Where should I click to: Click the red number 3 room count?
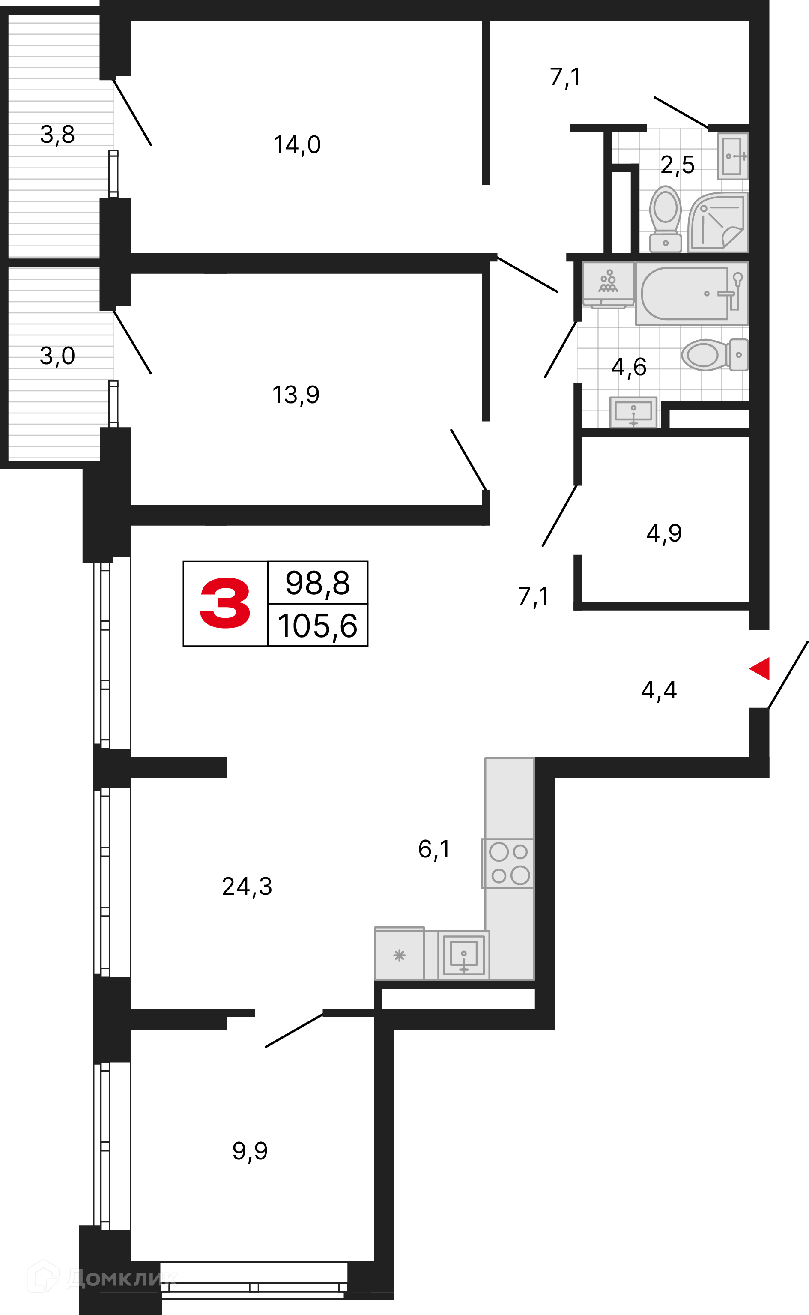[x=225, y=603]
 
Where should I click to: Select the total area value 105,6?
[x=317, y=626]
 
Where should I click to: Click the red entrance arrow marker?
[x=760, y=668]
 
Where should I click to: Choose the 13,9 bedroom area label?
[x=296, y=395]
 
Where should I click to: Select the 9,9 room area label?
[x=250, y=1151]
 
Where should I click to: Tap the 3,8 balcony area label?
[x=57, y=135]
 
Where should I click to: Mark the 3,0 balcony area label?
[x=57, y=356]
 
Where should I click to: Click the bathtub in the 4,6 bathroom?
[x=692, y=293]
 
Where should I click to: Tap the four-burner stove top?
[x=508, y=863]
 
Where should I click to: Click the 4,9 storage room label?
[x=664, y=533]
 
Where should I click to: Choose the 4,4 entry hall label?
[x=659, y=690]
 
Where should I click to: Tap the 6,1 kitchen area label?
[x=434, y=849]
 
